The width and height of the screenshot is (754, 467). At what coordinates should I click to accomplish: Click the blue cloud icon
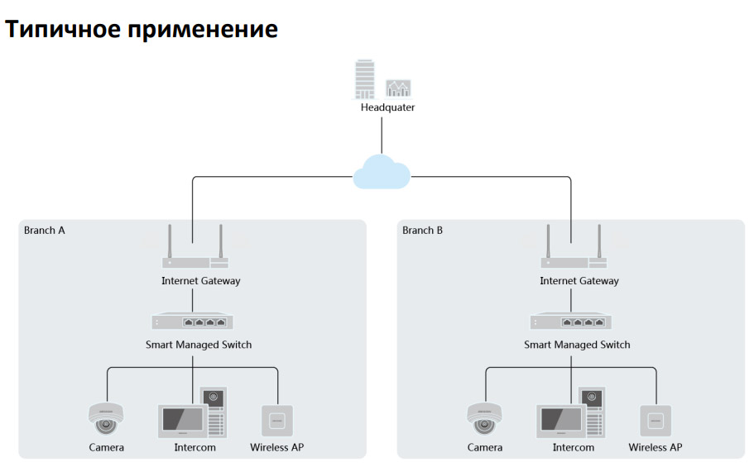(x=382, y=172)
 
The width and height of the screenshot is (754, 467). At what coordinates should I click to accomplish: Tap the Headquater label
(x=387, y=107)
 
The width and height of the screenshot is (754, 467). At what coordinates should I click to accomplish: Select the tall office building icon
(x=364, y=79)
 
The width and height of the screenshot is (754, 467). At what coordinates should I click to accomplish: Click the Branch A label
(x=44, y=230)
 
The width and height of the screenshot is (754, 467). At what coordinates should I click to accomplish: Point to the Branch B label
(x=422, y=230)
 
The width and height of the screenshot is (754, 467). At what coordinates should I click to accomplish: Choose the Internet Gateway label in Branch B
(x=579, y=281)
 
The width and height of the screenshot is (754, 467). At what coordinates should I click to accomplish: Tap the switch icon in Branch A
(x=192, y=321)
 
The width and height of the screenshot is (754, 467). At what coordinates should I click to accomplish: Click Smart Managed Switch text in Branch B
(x=577, y=345)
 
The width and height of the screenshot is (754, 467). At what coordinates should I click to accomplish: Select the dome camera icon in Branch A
(x=106, y=418)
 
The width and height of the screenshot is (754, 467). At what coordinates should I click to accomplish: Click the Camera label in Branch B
(x=485, y=447)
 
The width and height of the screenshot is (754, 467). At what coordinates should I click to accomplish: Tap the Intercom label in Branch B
(x=574, y=447)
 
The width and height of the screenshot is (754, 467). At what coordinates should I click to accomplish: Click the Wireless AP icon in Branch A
(x=277, y=421)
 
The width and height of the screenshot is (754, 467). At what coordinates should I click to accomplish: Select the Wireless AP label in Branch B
(x=655, y=447)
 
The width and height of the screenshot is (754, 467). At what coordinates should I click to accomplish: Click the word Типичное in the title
(x=63, y=29)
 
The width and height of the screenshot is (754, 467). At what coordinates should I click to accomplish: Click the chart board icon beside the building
(x=398, y=89)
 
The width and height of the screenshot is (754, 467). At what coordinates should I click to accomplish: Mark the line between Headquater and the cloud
(x=382, y=136)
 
